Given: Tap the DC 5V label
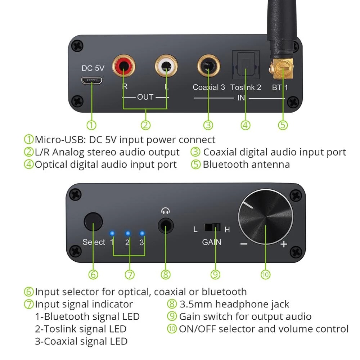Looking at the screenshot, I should point(93,68).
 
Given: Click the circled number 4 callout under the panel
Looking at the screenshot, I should point(245,125).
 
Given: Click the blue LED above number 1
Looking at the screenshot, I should point(112,233).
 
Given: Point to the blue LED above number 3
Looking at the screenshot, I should point(142,233).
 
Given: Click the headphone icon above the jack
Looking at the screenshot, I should point(166,211).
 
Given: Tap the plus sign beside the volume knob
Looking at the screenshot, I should point(284,244).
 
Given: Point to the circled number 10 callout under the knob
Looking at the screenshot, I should point(265,275).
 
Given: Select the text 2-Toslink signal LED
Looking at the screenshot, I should point(81,329).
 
